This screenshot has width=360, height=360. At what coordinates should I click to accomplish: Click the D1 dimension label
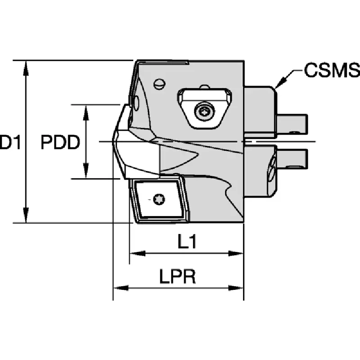coord(10,142)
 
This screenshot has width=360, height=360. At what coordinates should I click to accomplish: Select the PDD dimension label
coord(60,142)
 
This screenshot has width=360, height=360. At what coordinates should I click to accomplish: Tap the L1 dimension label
coord(187,242)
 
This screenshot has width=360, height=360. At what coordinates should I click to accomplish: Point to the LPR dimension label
coord(178,276)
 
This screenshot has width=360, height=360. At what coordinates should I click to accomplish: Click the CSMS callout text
coord(332,70)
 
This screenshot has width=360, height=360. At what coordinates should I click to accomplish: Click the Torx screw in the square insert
coord(159,199)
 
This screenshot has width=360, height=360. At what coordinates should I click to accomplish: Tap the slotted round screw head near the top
coord(159,84)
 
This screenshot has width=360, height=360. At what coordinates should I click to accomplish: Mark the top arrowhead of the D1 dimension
coord(26,68)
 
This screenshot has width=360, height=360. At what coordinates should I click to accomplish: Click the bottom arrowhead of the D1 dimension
coord(26,215)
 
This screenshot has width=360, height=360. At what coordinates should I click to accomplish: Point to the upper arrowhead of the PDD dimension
coord(86,112)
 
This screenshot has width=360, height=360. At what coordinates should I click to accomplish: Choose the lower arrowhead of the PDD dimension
coord(86,171)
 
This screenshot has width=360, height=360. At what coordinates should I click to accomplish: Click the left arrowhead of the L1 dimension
coord(138,253)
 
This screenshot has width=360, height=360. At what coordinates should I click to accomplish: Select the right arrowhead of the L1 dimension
coord(235,253)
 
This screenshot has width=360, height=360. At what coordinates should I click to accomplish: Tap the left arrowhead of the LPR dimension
coord(121,288)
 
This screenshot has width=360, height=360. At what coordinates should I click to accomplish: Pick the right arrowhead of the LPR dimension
coord(235,288)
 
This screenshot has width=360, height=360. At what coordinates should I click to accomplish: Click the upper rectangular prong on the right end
coord(292,124)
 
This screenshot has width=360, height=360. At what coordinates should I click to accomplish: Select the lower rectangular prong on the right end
coord(292,159)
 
